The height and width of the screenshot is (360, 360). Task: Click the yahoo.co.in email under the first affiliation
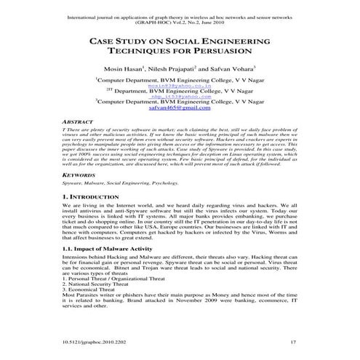(179, 84)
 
